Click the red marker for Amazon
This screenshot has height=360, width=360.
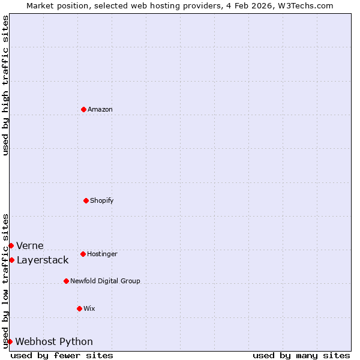pos(83,109)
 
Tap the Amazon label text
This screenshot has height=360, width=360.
pos(100,110)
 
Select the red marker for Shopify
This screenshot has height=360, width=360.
pos(86,200)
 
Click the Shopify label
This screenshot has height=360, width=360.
pos(101,201)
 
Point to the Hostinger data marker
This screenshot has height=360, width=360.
pos(83,254)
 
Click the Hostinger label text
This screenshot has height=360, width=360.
pos(102,254)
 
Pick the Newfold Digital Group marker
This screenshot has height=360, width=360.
pos(66,281)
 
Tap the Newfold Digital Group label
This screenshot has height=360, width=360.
pos(105,281)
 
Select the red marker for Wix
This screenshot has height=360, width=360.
pos(79,308)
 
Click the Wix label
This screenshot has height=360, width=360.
pos(89,309)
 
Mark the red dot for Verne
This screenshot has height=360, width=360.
pos(11,245)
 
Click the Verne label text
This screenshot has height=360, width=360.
pos(29,246)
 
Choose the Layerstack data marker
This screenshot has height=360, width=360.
pos(11,260)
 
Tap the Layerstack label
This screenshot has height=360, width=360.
pos(42,260)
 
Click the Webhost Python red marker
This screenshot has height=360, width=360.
pos(10,341)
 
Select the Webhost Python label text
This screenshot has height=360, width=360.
pos(54,342)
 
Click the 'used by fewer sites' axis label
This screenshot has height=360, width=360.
pos(62,355)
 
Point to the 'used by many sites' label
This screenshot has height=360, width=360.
pos(301,355)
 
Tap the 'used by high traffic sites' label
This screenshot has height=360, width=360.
pos(5,85)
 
